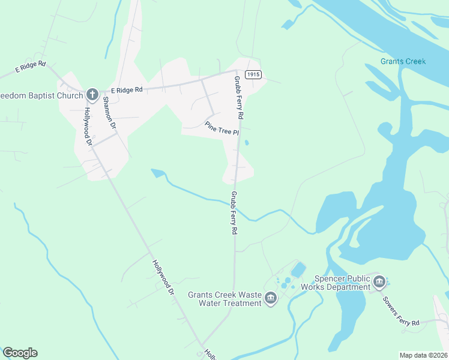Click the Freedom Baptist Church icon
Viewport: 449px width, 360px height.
point(92,94)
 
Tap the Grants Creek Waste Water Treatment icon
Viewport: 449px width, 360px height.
point(270,298)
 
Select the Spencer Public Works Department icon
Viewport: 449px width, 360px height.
point(379,281)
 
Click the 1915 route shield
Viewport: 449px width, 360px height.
point(253,74)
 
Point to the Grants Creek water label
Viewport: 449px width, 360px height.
point(403,62)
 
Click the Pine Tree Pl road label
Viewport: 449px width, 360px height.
point(222,128)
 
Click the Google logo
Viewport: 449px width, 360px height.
point(20,353)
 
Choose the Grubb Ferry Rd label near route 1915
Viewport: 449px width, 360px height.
point(238,97)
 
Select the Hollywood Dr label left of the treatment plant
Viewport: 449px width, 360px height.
point(162,277)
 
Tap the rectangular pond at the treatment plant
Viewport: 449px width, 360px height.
point(298,270)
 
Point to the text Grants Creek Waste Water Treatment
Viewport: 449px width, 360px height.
point(225,299)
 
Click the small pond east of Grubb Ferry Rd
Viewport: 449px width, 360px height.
point(246,143)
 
